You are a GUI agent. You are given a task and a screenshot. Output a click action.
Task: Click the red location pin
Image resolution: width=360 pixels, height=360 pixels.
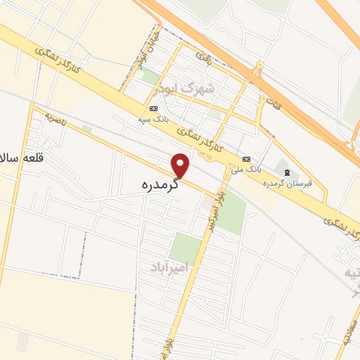(182, 165)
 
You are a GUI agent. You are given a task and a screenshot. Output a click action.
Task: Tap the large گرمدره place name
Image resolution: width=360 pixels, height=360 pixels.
(156, 186)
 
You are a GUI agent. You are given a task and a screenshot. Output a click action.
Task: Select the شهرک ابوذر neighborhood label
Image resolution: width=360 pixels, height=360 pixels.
(195, 89)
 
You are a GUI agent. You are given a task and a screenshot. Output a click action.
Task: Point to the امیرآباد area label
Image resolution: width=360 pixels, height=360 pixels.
(170, 268)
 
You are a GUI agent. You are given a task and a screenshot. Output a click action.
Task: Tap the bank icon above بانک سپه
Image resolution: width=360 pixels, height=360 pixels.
(153, 108)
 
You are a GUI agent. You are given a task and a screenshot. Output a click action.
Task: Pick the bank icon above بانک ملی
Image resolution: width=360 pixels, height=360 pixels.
(246, 159)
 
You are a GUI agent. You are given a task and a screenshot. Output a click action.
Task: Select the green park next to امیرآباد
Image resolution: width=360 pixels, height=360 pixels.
(186, 247)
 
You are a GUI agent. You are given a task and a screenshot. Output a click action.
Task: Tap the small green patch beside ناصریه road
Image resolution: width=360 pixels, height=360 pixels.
(87, 129)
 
